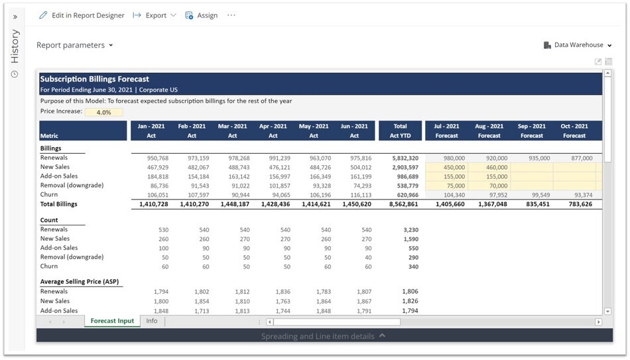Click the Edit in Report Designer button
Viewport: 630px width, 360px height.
(x=82, y=15)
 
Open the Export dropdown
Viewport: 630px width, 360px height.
(x=155, y=15)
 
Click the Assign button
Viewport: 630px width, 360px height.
(x=201, y=15)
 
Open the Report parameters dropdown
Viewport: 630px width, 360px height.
(x=74, y=45)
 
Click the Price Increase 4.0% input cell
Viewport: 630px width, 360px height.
(x=103, y=112)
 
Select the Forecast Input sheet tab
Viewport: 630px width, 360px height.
(x=112, y=321)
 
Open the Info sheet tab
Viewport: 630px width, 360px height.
(x=152, y=321)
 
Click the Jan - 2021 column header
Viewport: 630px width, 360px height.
(x=151, y=131)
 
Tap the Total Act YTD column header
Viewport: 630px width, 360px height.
(x=400, y=131)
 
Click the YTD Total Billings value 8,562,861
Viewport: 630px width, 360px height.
(x=400, y=204)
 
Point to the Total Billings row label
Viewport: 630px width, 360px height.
(x=59, y=204)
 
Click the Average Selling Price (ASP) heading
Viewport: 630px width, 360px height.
(x=80, y=282)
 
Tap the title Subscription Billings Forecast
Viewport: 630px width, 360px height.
(x=95, y=79)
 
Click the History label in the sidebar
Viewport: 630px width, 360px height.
(x=15, y=46)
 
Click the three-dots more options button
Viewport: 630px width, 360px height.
(x=231, y=15)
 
